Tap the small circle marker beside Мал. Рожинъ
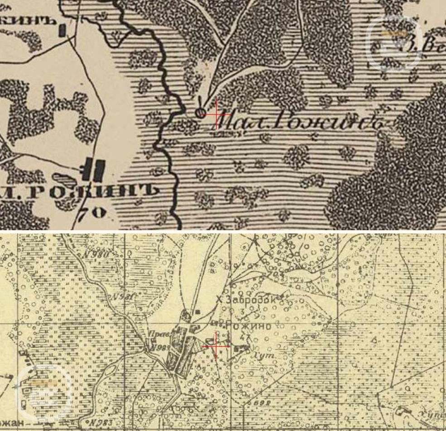[201, 113]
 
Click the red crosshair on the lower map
[216, 346]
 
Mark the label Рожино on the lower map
[248, 326]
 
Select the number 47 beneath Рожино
[246, 336]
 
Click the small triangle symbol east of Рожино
[374, 339]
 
